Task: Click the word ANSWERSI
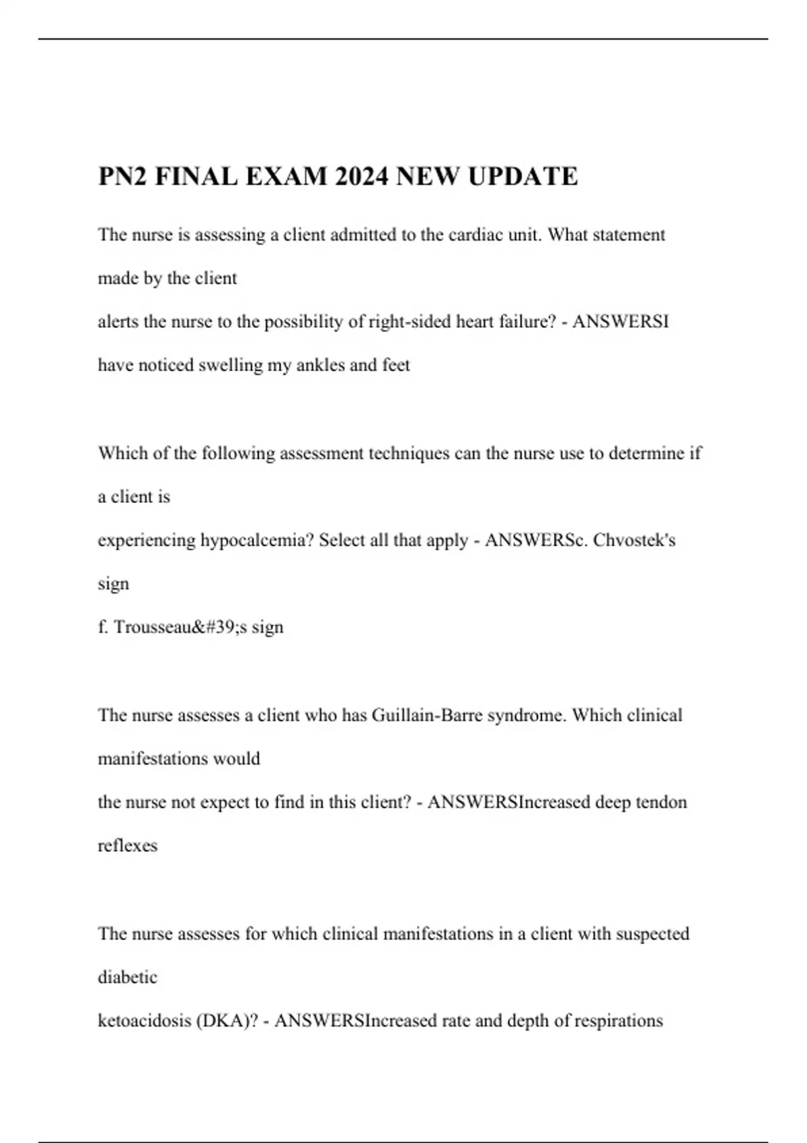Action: tap(621, 322)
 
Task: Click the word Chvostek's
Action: tap(634, 541)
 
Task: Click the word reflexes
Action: tap(127, 846)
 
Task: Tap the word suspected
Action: tap(652, 934)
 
